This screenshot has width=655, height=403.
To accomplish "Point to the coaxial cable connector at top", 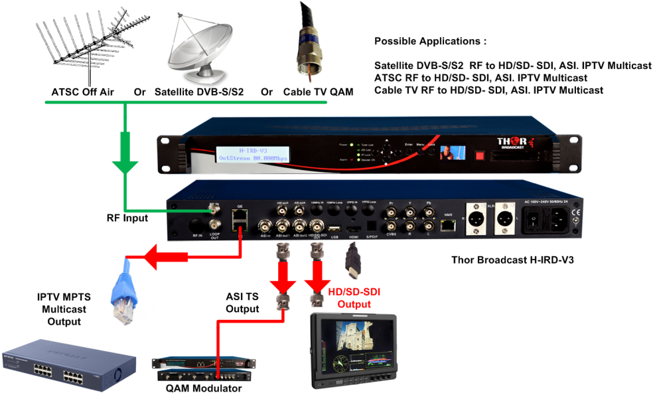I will (x=308, y=46).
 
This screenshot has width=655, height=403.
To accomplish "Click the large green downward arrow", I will (x=125, y=155).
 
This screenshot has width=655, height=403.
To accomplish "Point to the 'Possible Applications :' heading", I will (x=430, y=41).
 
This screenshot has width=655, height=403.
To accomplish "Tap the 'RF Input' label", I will (x=131, y=217).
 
